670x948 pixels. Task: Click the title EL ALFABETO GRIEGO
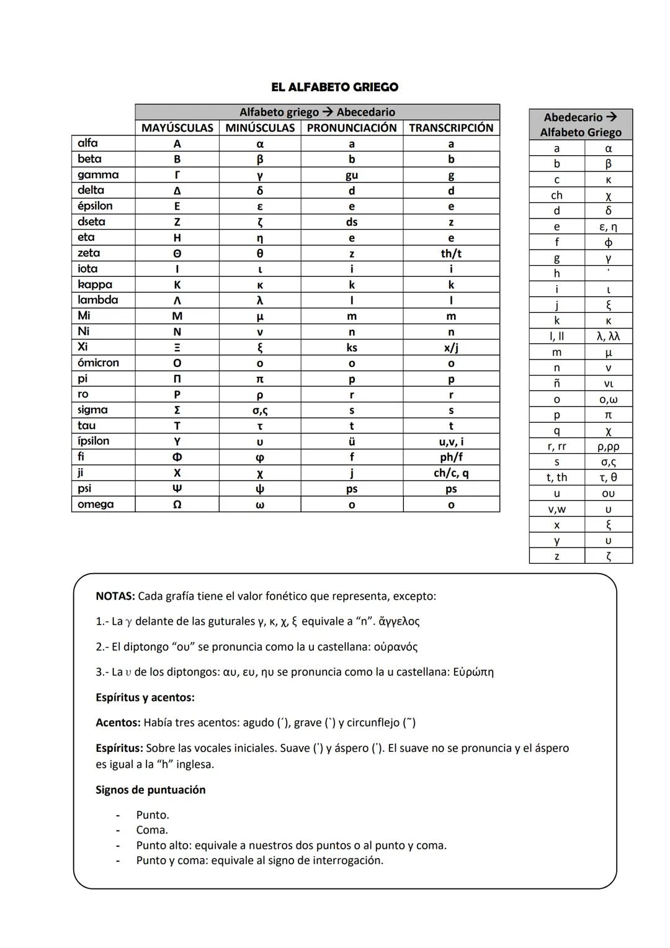point(334,87)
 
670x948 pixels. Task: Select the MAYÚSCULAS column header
point(177,128)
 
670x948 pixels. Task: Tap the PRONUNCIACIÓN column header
point(352,128)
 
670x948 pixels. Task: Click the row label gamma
point(98,174)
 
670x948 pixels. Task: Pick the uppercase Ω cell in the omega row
point(177,504)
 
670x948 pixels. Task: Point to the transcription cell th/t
point(451,253)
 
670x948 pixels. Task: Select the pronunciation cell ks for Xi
point(352,348)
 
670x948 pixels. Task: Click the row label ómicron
point(98,363)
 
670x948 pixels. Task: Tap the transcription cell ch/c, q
point(451,472)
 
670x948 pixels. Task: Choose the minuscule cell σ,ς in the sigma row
point(260,410)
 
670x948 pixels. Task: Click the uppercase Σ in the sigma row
point(177,410)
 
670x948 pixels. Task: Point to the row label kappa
point(95,284)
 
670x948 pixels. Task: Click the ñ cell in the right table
point(556,384)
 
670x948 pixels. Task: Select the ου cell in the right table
point(608,494)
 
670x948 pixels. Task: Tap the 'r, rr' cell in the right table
point(556,446)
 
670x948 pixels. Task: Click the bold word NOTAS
point(115,596)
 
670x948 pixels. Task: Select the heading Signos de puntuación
point(151,790)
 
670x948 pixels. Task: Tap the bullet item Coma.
point(152,830)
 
